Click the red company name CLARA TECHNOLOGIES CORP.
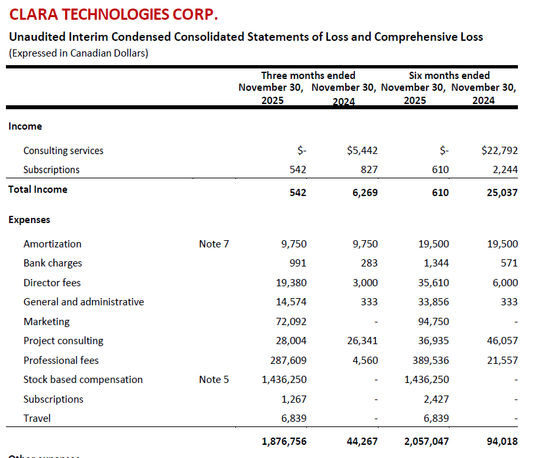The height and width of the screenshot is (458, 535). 113,14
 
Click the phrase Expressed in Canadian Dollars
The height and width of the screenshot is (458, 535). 78,53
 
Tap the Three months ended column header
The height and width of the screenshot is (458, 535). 308,75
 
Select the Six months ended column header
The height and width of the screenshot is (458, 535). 449,75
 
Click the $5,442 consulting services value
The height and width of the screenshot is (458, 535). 362,150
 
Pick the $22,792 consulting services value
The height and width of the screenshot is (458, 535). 500,150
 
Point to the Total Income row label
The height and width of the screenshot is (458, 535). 38,190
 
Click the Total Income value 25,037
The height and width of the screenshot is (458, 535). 502,193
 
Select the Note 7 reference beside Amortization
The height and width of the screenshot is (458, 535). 214,244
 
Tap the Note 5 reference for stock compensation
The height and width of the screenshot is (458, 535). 214,380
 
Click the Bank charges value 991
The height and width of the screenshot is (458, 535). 298,263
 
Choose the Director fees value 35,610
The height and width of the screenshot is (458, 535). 434,283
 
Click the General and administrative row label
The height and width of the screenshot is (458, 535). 83,302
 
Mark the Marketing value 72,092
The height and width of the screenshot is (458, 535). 291,321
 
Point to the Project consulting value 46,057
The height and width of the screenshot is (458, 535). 502,340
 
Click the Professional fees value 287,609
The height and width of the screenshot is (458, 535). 289,361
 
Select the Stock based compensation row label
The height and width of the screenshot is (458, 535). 83,380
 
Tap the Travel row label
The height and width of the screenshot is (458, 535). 37,419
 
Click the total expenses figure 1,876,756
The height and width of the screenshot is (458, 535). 284,442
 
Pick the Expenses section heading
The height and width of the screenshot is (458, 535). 30,220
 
